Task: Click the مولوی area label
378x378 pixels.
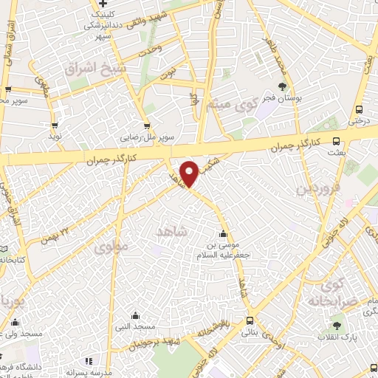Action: pos(111,247)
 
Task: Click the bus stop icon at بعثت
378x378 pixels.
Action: pos(337,141)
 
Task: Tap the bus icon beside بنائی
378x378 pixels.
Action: pos(249,321)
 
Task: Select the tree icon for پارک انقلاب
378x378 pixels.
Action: pos(337,324)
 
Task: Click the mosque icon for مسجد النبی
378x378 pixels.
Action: pos(134,315)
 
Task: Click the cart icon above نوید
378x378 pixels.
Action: pos(54,124)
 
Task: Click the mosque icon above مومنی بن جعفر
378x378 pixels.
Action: pos(222,235)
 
